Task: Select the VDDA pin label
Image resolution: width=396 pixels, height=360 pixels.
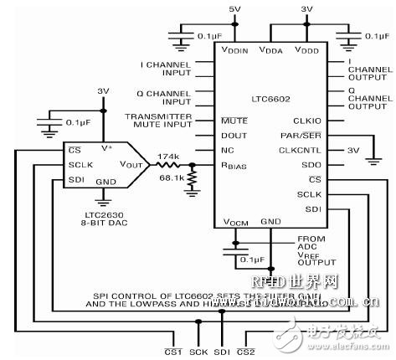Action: (273, 51)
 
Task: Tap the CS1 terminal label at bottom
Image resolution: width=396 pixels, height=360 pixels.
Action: (173, 352)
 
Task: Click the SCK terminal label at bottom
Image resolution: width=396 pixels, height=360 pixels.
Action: (200, 352)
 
